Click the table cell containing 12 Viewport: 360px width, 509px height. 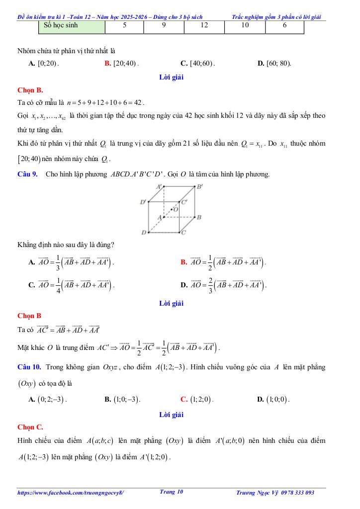click(x=204, y=25)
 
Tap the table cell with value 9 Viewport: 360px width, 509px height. click(x=164, y=25)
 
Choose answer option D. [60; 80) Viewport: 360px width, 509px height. click(x=274, y=64)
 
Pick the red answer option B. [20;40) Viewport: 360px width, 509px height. click(x=122, y=64)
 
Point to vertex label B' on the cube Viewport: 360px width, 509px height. click(x=199, y=187)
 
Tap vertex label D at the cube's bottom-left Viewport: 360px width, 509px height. click(x=144, y=232)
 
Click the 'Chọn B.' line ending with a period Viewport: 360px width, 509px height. click(x=30, y=90)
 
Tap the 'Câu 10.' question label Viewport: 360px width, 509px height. click(x=29, y=367)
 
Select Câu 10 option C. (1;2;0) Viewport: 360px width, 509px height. click(x=197, y=399)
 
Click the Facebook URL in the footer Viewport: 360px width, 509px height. click(x=71, y=493)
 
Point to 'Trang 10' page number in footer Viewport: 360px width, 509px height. click(x=172, y=492)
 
